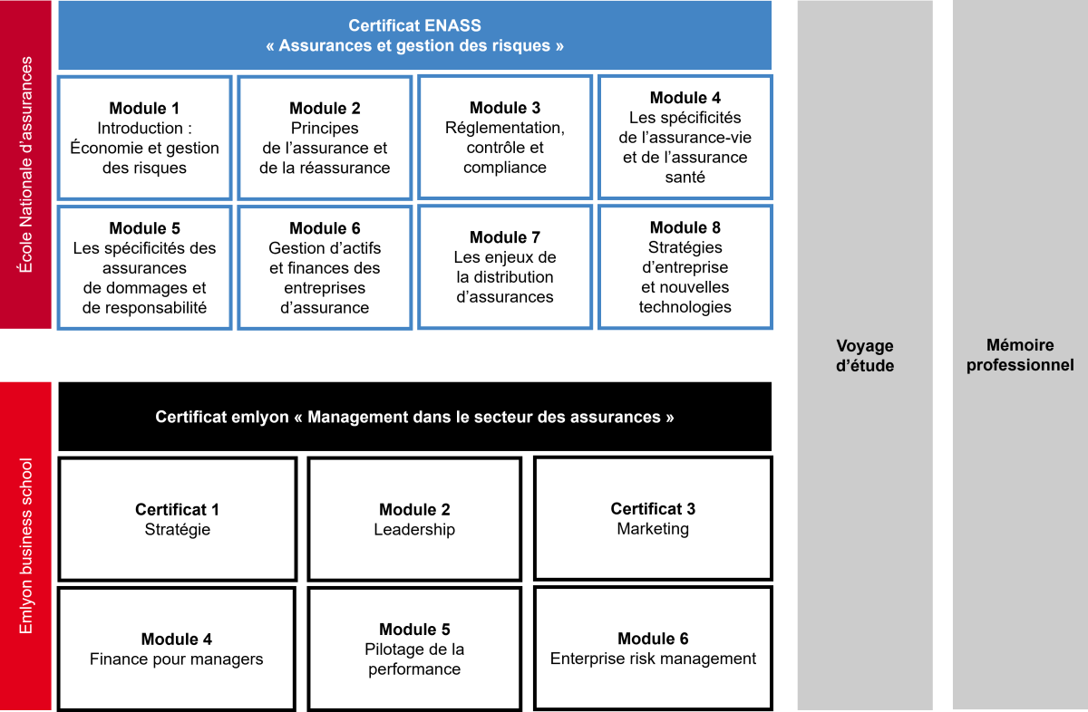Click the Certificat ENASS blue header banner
point(414,35)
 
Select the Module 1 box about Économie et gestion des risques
point(144,138)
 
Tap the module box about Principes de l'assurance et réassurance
point(325,138)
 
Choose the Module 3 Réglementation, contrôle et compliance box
point(505,138)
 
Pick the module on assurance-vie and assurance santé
point(685,138)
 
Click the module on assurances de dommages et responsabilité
point(144,267)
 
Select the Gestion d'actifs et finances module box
point(325,267)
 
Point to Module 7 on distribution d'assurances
point(505,267)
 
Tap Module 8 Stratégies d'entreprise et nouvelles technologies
point(685,267)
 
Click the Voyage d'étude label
point(864,356)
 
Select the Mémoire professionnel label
point(1019,355)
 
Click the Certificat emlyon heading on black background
point(414,418)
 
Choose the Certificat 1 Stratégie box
point(178,519)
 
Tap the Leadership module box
point(414,519)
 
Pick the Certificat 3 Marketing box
point(653,518)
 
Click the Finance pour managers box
point(177,649)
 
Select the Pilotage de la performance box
point(414,649)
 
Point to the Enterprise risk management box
point(653,649)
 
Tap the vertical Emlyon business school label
point(26,546)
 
